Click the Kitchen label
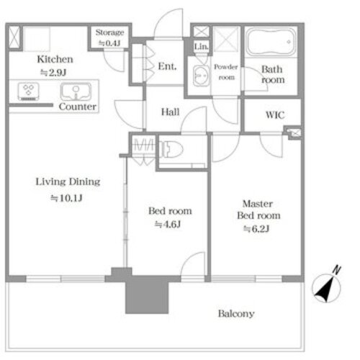tap(55, 59)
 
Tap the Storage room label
tap(109, 32)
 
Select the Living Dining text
tap(68, 181)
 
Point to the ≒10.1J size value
tap(66, 198)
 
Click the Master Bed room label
tap(258, 210)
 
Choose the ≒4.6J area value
tap(168, 224)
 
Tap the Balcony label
tap(236, 313)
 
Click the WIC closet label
tap(275, 115)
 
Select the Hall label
tap(170, 112)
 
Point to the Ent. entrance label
tap(167, 66)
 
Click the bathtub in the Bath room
tap(271, 42)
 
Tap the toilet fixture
tap(171, 149)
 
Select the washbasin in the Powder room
tap(201, 76)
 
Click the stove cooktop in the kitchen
tap(29, 91)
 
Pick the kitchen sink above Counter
tap(76, 91)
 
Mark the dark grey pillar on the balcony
tap(147, 294)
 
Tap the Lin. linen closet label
tap(201, 47)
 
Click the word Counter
tap(78, 107)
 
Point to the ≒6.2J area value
tap(256, 229)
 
